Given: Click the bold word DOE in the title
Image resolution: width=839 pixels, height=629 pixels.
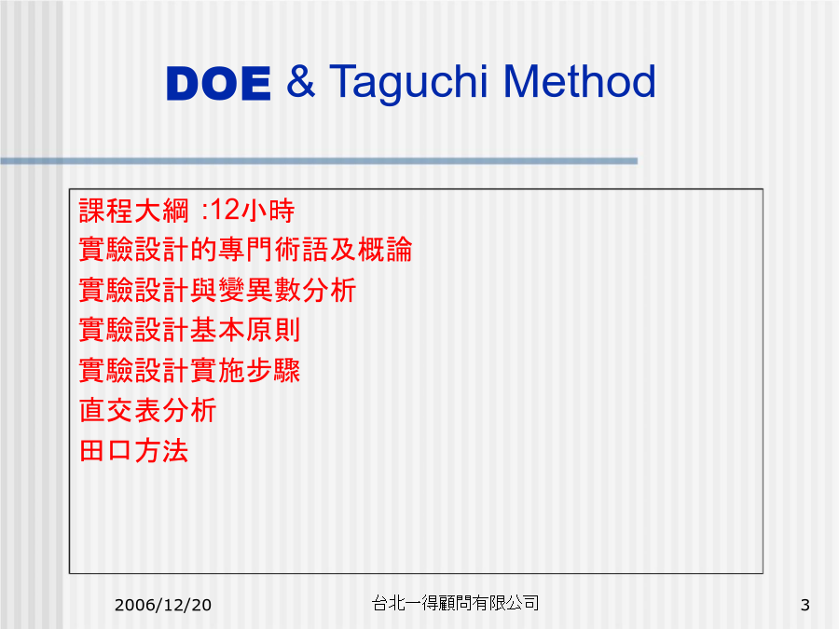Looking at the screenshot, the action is (218, 84).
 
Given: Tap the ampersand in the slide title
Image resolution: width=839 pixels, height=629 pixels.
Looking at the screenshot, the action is (300, 81).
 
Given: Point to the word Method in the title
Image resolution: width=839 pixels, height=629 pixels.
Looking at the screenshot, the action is (580, 81).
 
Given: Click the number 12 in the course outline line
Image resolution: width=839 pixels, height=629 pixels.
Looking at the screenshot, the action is (226, 210).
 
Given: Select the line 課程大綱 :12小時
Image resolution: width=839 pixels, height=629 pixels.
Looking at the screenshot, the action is (186, 211).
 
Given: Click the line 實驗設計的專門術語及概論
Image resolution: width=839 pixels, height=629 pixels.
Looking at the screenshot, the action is (245, 250).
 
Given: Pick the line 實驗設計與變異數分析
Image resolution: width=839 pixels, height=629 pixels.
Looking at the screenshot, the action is (217, 290).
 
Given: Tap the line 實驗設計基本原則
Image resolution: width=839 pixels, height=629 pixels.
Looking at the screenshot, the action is (189, 330).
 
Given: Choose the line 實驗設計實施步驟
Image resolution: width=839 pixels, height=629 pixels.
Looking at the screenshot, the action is (189, 370).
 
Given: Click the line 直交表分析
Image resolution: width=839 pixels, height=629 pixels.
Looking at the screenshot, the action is (147, 410).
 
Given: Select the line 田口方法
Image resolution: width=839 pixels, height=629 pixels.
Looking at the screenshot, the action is (133, 450).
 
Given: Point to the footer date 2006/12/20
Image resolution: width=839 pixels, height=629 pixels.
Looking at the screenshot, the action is (162, 605).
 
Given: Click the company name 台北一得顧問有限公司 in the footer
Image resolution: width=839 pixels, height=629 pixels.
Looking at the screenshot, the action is (455, 603).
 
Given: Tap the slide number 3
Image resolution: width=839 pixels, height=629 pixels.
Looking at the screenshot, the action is (805, 605).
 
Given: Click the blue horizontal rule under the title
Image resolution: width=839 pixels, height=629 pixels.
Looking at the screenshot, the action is (319, 161).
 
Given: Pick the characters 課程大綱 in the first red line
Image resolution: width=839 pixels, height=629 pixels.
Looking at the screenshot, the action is (133, 211).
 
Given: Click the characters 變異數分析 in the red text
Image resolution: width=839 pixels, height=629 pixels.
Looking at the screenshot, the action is (287, 290).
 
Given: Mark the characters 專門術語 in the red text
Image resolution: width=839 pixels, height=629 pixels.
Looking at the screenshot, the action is (273, 250).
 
